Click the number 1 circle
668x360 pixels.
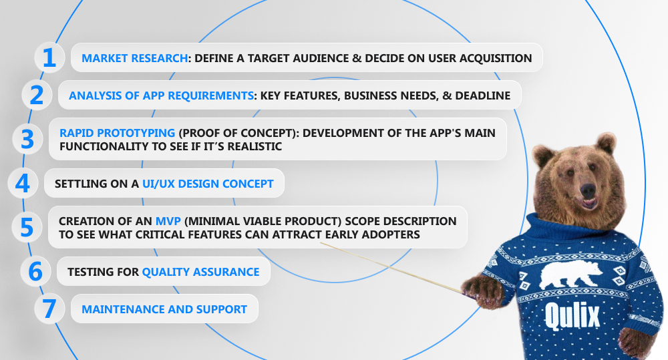49,57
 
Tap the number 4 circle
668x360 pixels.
23,183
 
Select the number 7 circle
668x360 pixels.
49,309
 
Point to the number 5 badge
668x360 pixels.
27,227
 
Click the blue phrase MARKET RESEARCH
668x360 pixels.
135,58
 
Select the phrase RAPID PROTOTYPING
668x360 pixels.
117,133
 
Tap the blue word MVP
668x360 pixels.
168,221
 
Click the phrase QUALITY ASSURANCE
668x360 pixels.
200,272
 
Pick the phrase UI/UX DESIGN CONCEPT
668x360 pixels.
208,184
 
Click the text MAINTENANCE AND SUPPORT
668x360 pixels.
164,309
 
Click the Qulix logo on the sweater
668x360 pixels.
572,316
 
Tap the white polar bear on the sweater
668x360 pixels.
570,275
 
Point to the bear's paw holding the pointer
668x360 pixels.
484,291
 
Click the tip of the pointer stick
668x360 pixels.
321,243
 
